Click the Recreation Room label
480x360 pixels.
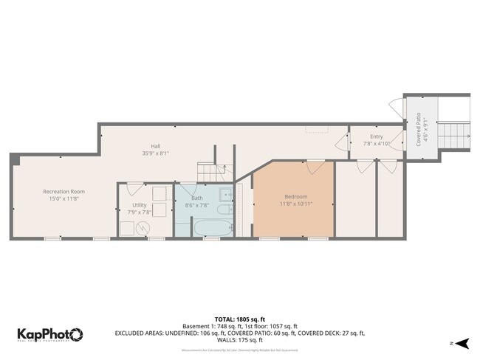(64, 191)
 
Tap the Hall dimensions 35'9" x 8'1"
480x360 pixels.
(156, 153)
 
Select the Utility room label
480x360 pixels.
(139, 204)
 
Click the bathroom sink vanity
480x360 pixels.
(227, 195)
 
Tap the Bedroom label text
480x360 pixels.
(295, 196)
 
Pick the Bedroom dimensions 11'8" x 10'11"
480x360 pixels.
(295, 204)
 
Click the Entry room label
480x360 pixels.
(376, 136)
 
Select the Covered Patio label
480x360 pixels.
(418, 129)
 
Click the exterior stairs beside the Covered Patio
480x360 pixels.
(454, 135)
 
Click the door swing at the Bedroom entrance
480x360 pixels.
(316, 166)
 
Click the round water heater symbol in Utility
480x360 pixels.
(142, 229)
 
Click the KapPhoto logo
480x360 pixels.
(50, 334)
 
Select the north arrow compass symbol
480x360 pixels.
(462, 343)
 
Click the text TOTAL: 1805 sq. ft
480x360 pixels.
(240, 318)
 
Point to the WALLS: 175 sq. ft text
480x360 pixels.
(240, 340)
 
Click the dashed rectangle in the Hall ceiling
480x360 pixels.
(318, 129)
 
